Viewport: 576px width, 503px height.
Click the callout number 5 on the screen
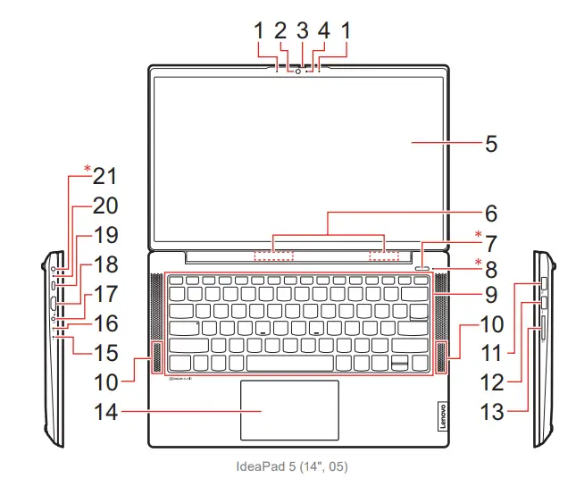tap(491, 144)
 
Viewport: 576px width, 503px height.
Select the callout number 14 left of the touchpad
tap(107, 412)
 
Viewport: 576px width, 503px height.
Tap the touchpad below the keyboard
tap(288, 409)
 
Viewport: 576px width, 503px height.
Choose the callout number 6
tap(491, 214)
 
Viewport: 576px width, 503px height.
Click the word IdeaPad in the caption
tap(257, 466)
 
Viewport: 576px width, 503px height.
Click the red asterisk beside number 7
tap(479, 236)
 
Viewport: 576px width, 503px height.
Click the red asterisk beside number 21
tap(88, 169)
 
